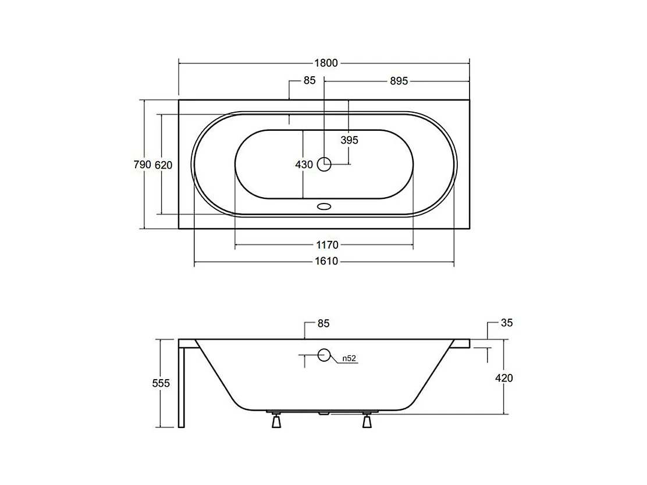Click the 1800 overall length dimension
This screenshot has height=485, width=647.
pos(326,63)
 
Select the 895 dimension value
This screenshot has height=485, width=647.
pos(399,81)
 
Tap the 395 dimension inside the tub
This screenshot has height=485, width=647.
pos(350,140)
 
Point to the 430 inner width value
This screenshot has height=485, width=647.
pos(304,165)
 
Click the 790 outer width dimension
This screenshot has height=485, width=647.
pos(143,165)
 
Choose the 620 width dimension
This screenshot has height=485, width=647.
pos(163,165)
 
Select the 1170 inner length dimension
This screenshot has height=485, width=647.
pos(327,245)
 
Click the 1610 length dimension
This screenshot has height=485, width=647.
pos(326,261)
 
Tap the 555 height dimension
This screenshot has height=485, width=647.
pos(161,383)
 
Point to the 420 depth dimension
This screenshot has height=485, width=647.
pos(504,378)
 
